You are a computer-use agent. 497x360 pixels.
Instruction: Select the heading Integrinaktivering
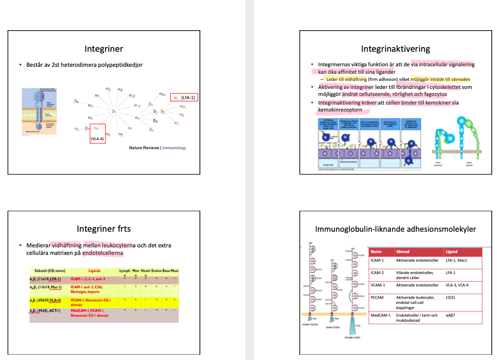coord(395,49)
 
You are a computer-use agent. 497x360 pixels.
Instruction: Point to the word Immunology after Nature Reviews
coord(174,147)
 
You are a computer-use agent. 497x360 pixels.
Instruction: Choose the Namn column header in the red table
coord(376,252)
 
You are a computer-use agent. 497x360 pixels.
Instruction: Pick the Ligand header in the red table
coord(452,252)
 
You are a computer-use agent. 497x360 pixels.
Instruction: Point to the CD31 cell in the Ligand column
coord(451,297)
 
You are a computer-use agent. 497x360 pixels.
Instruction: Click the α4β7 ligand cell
coord(452,315)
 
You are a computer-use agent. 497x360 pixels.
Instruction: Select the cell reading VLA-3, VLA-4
coord(458,285)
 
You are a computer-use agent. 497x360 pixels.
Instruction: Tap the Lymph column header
coord(124,271)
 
